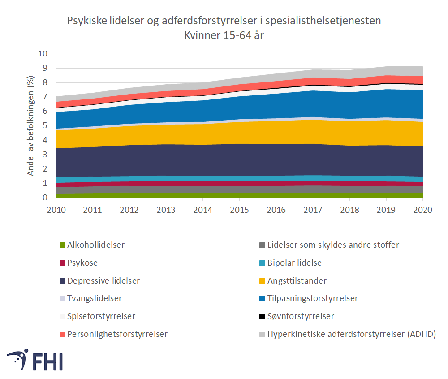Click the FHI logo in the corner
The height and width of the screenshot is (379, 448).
pyautogui.click(x=34, y=360)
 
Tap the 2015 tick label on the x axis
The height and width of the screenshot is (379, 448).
pyautogui.click(x=240, y=210)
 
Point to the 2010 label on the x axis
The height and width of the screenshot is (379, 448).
pyautogui.click(x=56, y=210)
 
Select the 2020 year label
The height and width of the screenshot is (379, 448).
pyautogui.click(x=423, y=210)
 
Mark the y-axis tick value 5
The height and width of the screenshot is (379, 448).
pyautogui.click(x=45, y=126)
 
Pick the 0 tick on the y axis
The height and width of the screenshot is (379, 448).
pyautogui.click(x=45, y=198)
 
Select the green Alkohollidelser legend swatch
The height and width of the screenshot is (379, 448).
pyautogui.click(x=62, y=245)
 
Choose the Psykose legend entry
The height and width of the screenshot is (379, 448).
pyautogui.click(x=82, y=263)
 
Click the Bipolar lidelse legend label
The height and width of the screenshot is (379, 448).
pyautogui.click(x=294, y=263)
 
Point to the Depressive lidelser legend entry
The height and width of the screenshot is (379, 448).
pyautogui.click(x=103, y=281)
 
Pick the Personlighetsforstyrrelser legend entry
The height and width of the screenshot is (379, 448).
pyautogui.click(x=117, y=334)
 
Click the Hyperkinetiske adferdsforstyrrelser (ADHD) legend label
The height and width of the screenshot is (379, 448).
pyautogui.click(x=352, y=334)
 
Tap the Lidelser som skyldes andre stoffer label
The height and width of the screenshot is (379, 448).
pyautogui.click(x=333, y=245)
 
